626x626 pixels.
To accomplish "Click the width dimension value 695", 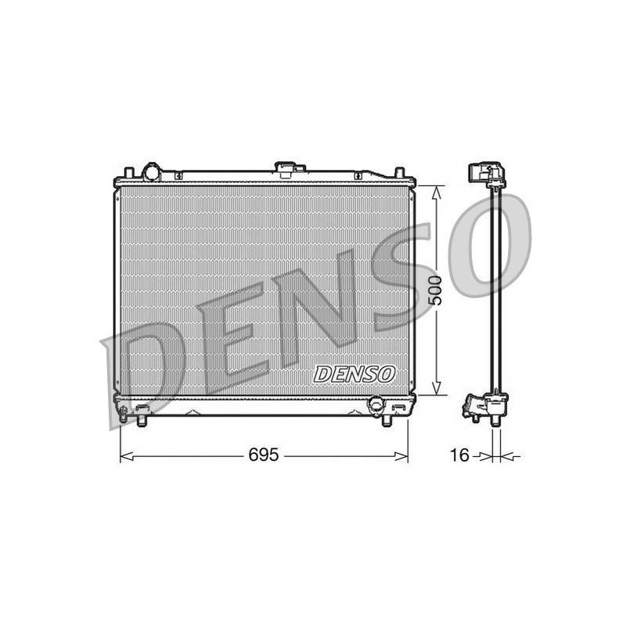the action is [x=263, y=455].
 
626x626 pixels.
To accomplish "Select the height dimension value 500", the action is [x=436, y=290].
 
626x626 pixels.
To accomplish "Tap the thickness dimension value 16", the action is [x=459, y=455].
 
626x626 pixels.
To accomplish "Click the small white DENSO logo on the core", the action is [x=354, y=374].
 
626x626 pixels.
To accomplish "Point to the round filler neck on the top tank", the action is [x=152, y=172].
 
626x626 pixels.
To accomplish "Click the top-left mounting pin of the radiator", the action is [x=128, y=173].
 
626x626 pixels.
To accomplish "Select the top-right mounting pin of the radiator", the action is [x=400, y=173].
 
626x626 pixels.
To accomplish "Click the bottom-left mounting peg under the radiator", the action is [x=142, y=421].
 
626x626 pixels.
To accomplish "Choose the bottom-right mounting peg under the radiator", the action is [x=387, y=421].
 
